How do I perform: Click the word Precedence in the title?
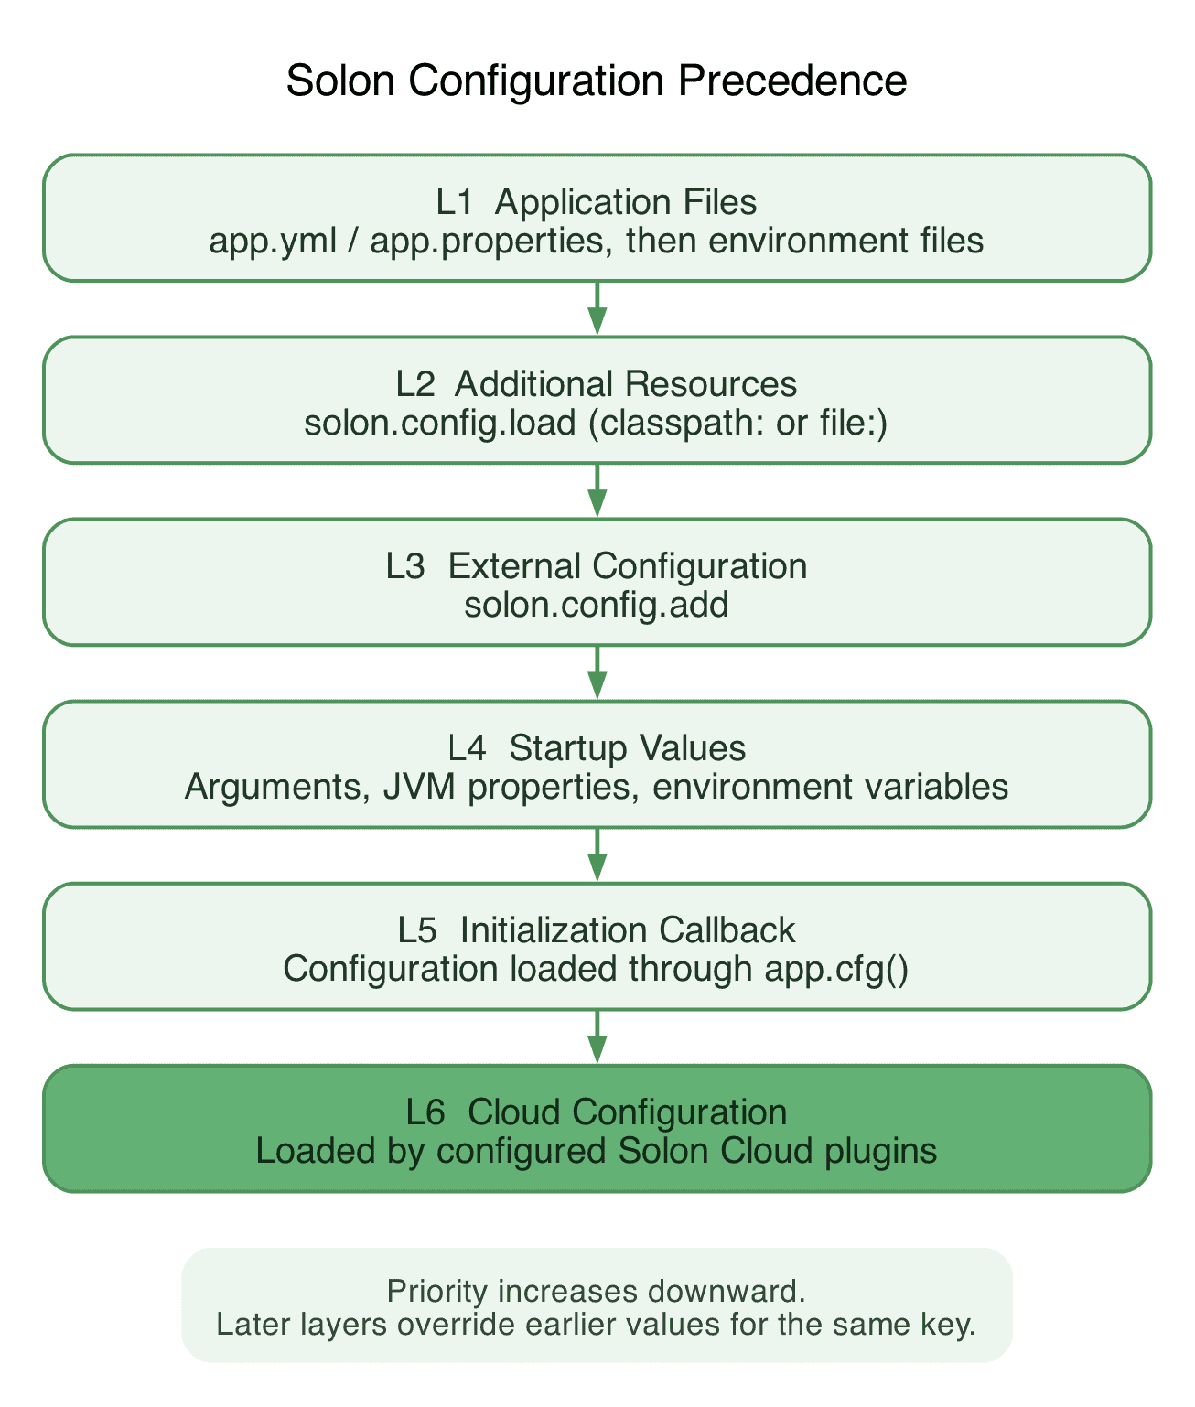click(x=791, y=81)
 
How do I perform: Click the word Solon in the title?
click(x=340, y=81)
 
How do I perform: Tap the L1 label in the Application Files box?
click(x=454, y=202)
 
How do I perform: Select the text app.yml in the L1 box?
click(x=273, y=241)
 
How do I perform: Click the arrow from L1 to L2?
click(x=597, y=308)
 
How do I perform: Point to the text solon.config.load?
click(x=440, y=423)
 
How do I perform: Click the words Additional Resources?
click(x=626, y=384)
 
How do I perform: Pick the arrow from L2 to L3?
click(x=597, y=490)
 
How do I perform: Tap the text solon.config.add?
click(x=597, y=605)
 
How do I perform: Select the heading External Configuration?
click(x=628, y=566)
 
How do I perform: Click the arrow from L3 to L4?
click(x=597, y=672)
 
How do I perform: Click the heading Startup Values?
click(x=628, y=748)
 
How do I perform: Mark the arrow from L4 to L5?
click(x=597, y=855)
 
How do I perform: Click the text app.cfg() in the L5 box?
click(x=836, y=970)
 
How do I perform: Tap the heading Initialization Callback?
click(x=628, y=930)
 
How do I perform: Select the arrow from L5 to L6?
click(x=597, y=1036)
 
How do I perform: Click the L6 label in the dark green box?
click(x=425, y=1112)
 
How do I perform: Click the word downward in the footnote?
click(x=727, y=1292)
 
